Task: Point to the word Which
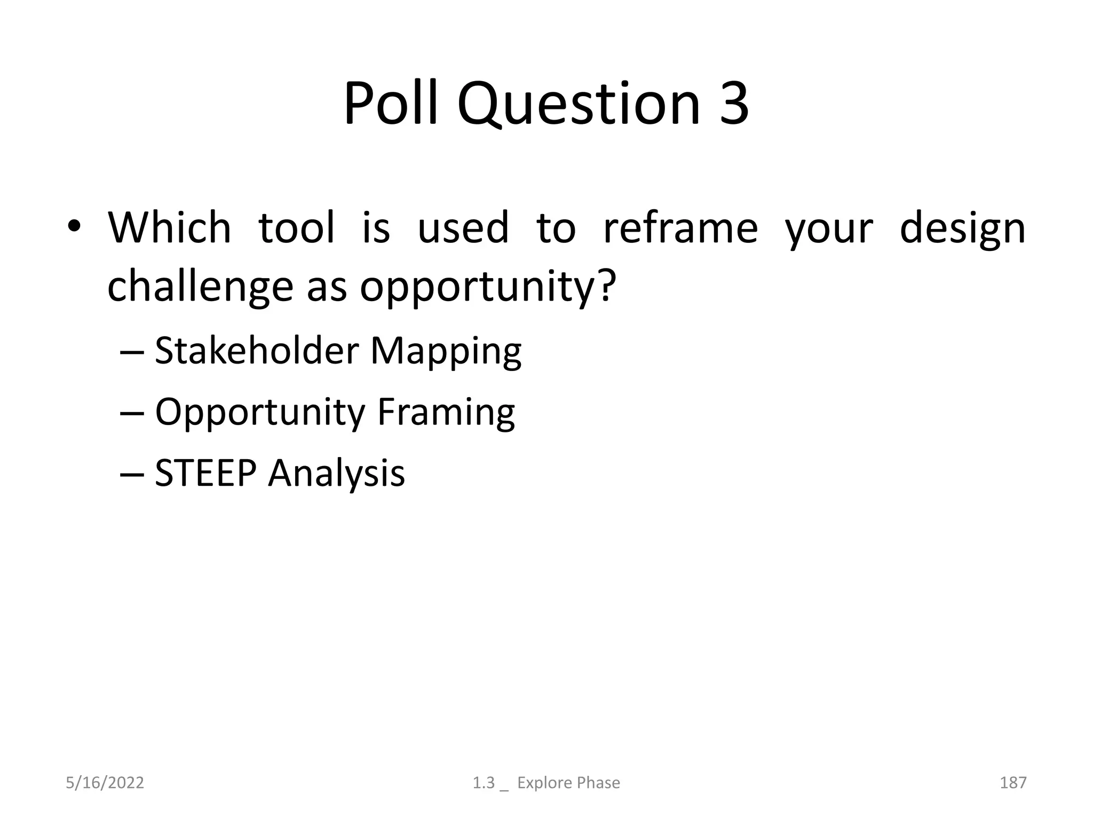coord(169,227)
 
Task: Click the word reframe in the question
coord(680,227)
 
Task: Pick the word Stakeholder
coord(256,351)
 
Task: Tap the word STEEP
coord(205,473)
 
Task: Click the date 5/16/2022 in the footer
coord(105,783)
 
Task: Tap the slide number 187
coord(1012,783)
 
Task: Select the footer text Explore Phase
coord(568,783)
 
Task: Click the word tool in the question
coord(297,227)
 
